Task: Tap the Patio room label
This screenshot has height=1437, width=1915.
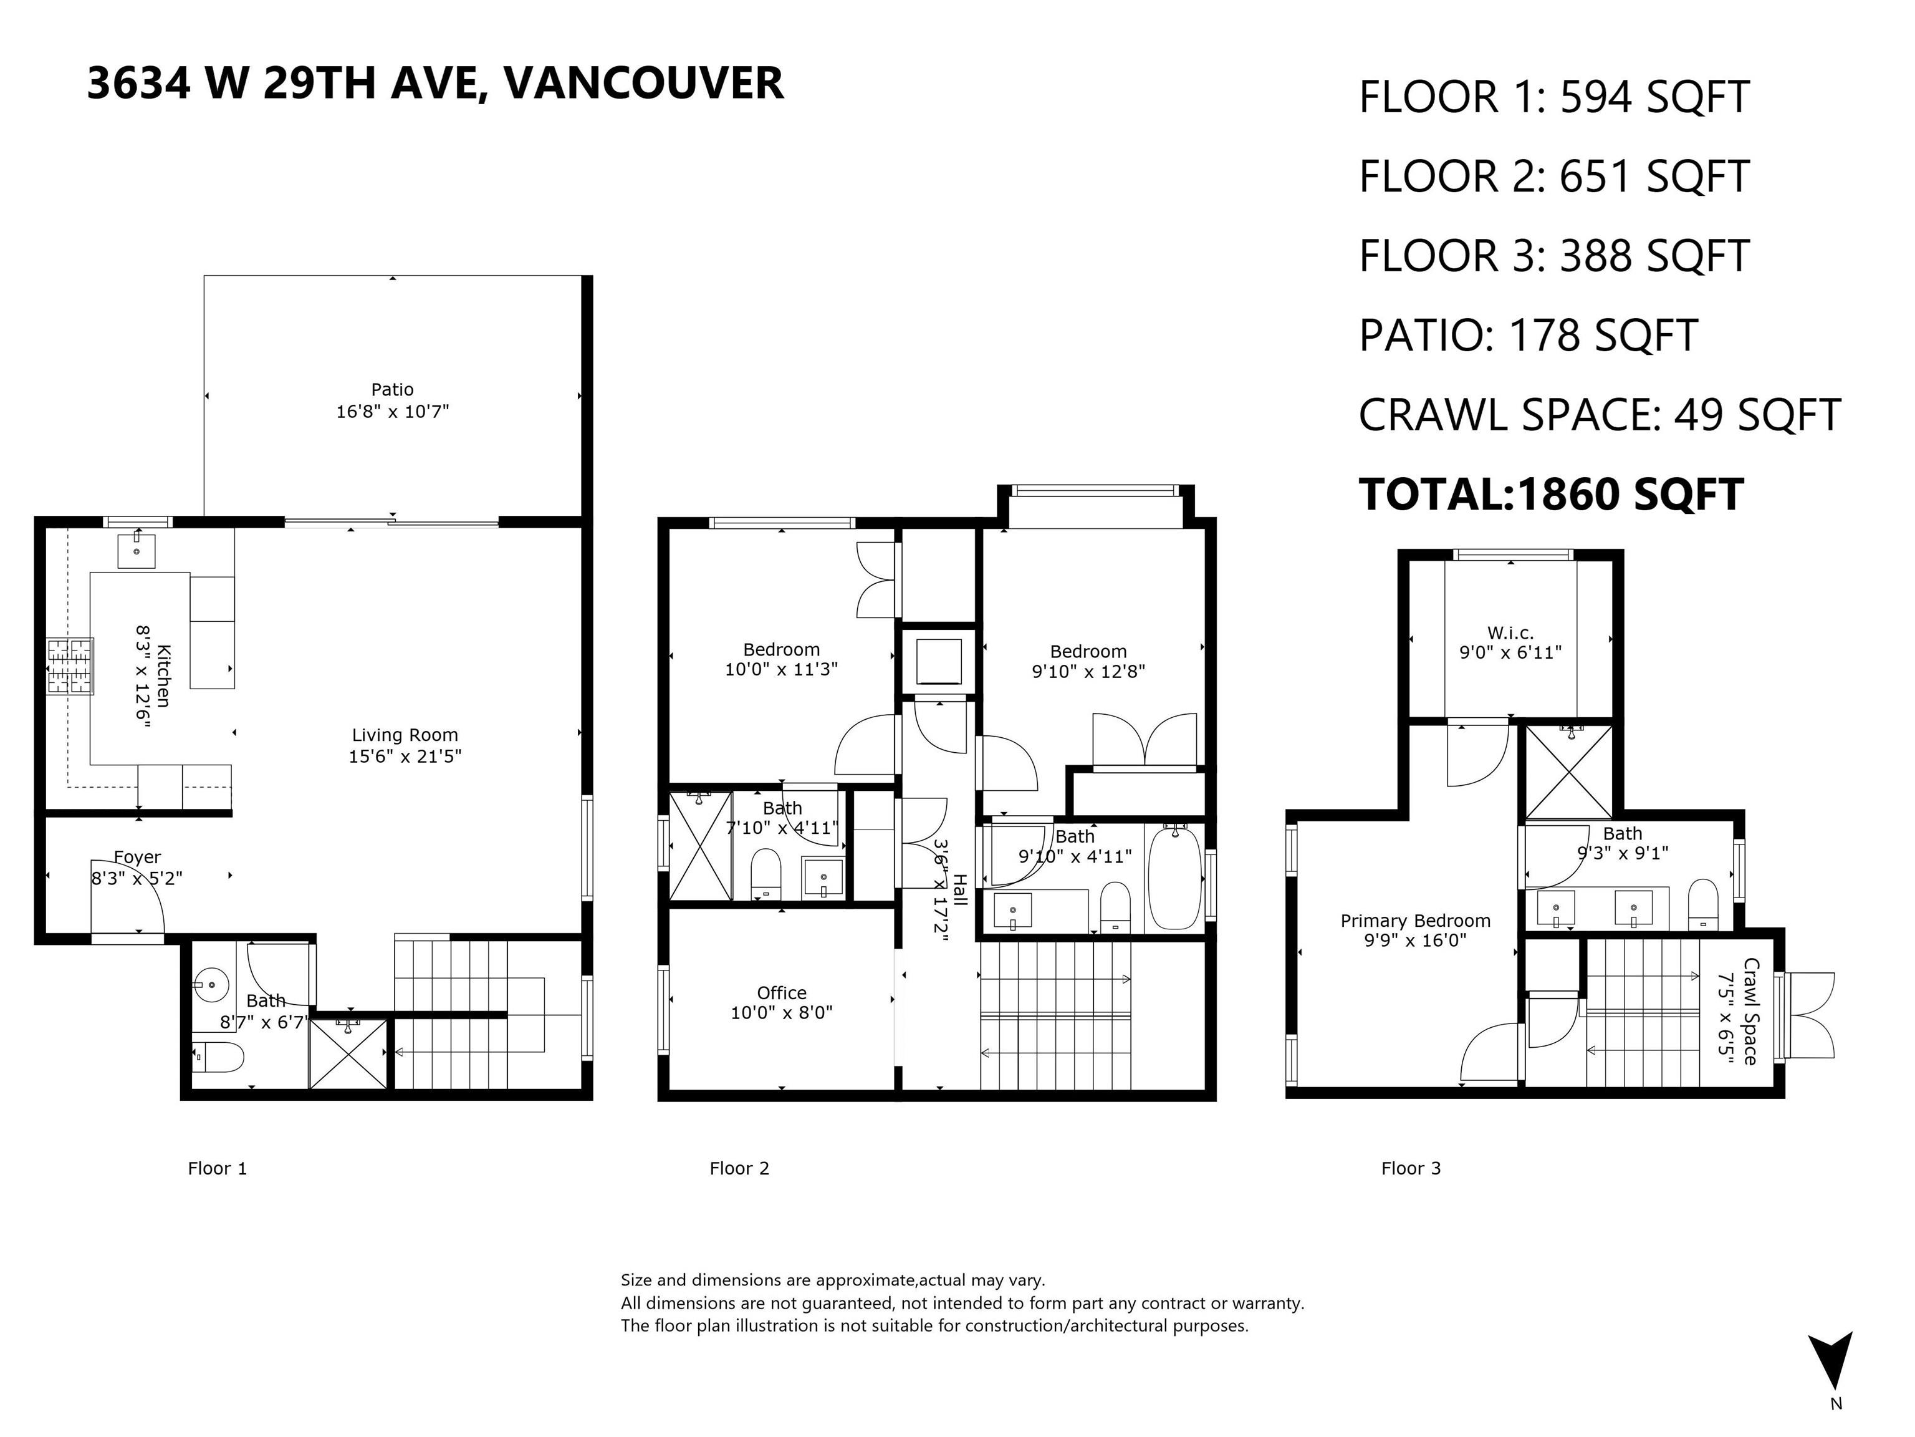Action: tap(392, 390)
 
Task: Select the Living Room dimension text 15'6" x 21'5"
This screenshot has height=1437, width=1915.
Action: tap(405, 756)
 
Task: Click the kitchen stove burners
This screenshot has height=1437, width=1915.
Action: tap(70, 666)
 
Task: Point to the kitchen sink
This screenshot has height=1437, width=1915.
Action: tap(137, 551)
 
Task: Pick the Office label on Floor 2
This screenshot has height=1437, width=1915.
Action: tap(782, 993)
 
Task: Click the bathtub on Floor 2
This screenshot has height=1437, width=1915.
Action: tap(1175, 878)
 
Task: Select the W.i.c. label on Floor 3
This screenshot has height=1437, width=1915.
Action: tap(1510, 633)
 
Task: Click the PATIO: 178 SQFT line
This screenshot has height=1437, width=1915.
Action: tap(1528, 335)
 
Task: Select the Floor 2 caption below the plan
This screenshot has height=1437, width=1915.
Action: tap(739, 1168)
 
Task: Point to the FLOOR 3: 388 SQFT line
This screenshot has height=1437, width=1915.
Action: tap(1555, 256)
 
